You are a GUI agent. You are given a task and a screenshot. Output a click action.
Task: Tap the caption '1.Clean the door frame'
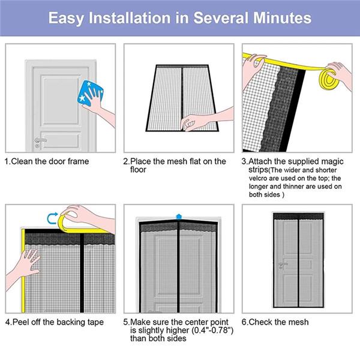[47, 161]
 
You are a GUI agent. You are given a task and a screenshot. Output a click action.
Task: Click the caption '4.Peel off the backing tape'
[54, 322]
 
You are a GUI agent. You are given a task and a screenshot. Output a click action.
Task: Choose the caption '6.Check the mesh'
[275, 322]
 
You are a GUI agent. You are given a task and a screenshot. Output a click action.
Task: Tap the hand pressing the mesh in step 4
[24, 264]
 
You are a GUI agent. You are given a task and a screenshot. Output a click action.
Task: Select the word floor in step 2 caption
[139, 170]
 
